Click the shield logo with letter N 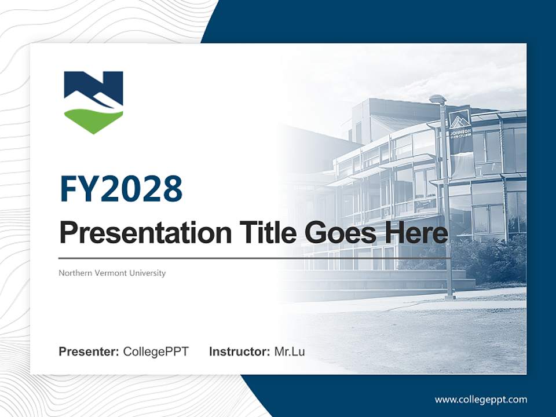point(93,101)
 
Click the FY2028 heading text point(121,189)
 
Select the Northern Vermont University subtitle point(112,273)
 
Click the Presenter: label point(89,352)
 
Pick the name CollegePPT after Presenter point(156,352)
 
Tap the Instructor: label point(239,352)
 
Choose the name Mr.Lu point(290,352)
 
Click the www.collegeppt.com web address point(481,400)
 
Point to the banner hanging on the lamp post point(460,130)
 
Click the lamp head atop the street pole point(437,99)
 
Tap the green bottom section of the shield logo point(93,120)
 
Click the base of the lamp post point(449,297)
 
